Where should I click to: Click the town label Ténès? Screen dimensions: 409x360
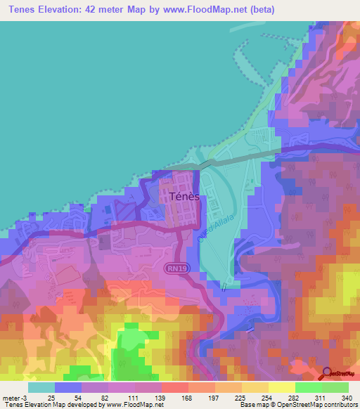click(184, 197)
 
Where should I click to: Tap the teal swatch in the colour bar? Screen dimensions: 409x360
click(41, 387)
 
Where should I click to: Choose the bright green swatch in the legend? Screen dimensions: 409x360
click(308, 387)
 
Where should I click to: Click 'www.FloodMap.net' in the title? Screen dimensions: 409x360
click(203, 9)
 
